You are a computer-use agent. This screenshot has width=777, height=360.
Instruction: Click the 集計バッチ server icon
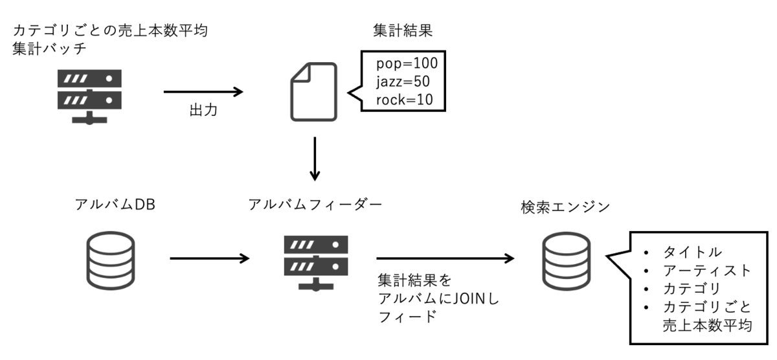point(89,96)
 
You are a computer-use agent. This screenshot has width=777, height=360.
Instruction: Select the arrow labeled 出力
point(203,92)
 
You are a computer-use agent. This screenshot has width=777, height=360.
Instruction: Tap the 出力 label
point(203,110)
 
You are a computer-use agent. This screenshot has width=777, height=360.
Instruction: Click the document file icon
point(313,92)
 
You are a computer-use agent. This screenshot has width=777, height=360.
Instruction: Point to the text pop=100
point(407,63)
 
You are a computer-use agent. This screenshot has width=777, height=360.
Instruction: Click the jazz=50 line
point(403,82)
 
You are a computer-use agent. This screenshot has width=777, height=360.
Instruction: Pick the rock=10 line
point(405,100)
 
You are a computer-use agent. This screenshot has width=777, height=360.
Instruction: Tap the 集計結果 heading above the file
point(403,30)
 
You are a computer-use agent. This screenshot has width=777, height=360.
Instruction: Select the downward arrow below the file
point(315,159)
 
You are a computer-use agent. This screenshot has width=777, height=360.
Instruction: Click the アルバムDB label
point(115,204)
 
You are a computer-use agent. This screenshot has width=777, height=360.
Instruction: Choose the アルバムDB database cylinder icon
point(111,260)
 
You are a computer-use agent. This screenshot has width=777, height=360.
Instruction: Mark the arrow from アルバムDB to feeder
point(210,258)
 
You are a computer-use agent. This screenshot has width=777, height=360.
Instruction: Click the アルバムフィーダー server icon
point(316,263)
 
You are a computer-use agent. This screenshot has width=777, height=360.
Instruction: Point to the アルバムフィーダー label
point(315,204)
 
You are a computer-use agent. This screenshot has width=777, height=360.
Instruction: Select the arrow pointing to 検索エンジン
point(445,258)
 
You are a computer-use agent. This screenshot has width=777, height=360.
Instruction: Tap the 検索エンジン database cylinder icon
point(567,261)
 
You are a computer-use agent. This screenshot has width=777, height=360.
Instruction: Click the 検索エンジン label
point(565,207)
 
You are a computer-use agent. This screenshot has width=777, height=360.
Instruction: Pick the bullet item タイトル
point(692,252)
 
